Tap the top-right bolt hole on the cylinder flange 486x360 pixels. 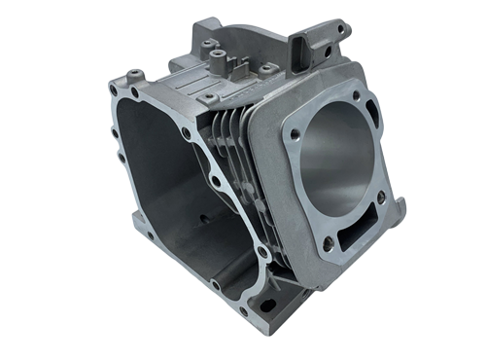coord(357,95)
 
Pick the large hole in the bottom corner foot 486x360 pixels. coord(266,305)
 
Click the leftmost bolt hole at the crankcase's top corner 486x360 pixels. coord(114,90)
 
